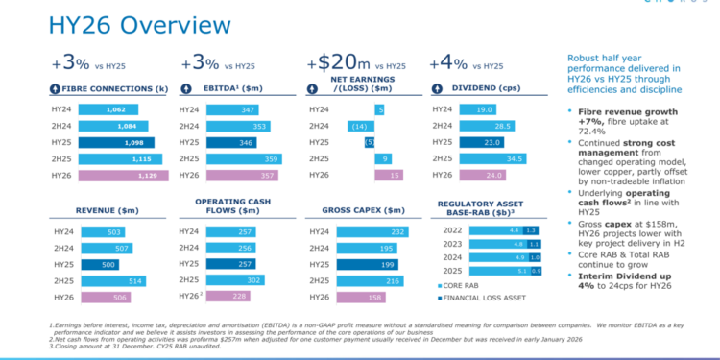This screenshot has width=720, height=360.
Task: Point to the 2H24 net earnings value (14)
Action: pos(360,127)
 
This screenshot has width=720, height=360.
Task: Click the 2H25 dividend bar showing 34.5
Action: pos(499,159)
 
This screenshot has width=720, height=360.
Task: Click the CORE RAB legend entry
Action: pos(468,286)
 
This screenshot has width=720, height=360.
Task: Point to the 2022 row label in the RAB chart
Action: pos(450,230)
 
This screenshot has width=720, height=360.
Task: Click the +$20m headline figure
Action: pos(336,65)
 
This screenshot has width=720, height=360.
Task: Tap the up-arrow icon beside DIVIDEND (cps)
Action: pos(443,89)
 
